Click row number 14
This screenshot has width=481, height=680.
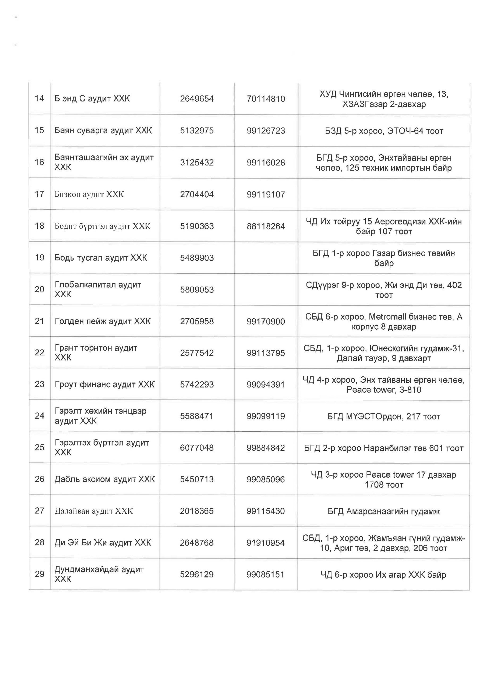[x=39, y=98]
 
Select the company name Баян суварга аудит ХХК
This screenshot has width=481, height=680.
[x=103, y=130]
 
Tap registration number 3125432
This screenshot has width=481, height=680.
[x=197, y=162]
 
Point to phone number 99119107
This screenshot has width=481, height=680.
[x=266, y=194]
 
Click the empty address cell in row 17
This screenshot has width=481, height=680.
[x=384, y=194]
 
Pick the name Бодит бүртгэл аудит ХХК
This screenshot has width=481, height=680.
[x=103, y=226]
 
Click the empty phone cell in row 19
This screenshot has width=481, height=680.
[x=266, y=258]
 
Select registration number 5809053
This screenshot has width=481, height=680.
[x=197, y=289]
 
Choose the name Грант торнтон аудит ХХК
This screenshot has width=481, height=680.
[x=96, y=352]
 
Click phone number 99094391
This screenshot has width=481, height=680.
[x=266, y=384]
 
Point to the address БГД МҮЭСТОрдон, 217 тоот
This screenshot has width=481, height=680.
[x=384, y=416]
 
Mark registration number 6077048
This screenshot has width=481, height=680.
[x=197, y=448]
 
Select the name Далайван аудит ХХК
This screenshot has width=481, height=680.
[x=93, y=511]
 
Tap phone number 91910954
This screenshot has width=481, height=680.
[x=266, y=543]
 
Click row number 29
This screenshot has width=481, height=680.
[x=39, y=574]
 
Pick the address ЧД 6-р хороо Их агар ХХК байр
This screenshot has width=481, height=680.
[x=383, y=575]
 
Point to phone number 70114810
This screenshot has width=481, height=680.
[x=266, y=99]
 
